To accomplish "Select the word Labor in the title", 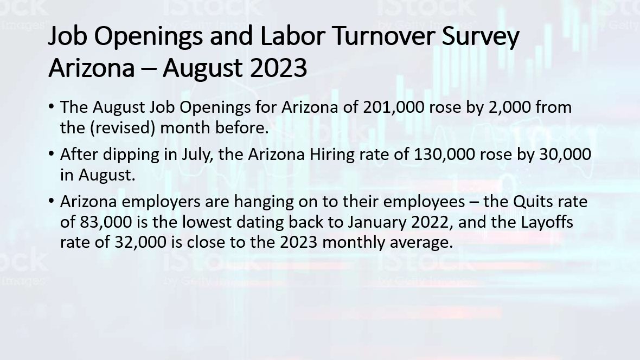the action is coord(291,35).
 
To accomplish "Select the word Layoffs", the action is coord(547,222).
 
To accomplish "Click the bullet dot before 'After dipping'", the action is coord(51,154).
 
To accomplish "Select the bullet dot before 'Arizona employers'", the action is coord(51,201).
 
